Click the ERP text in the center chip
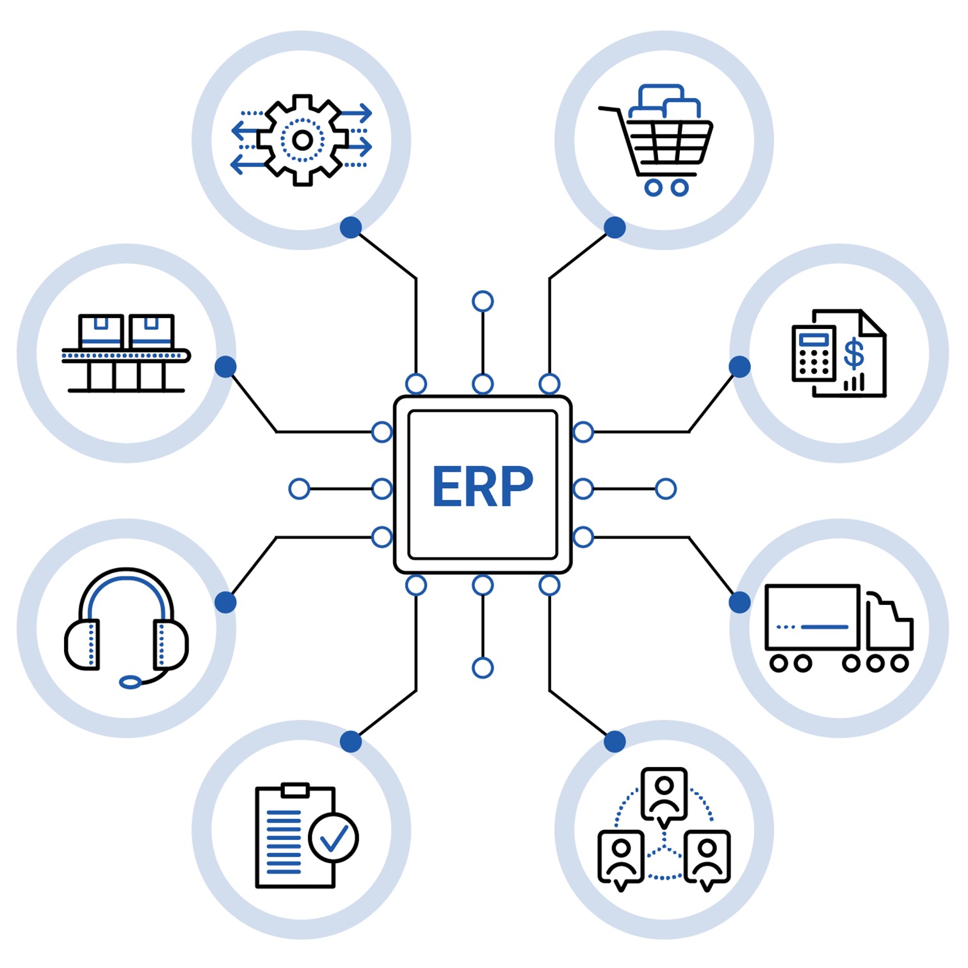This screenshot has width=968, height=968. pos(483,487)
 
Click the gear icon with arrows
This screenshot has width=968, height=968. pos(302,140)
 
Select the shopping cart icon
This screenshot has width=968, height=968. pos(659,141)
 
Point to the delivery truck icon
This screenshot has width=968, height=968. pos(839,627)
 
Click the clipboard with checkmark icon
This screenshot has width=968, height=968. pos(301,835)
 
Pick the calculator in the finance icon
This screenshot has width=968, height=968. pos(814,353)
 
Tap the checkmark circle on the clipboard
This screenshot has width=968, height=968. pos(333,837)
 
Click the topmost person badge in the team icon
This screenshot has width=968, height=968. pos(665,794)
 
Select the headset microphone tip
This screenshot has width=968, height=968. pos(131,682)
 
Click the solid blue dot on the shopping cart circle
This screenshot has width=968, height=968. pos(615,227)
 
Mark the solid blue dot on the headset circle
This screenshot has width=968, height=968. pos(225,602)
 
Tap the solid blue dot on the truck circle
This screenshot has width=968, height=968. pos(739,602)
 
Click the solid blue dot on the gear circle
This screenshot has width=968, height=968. pos(351,227)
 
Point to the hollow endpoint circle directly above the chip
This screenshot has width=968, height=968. pos(483,301)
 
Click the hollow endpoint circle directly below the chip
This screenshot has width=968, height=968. pos(483,668)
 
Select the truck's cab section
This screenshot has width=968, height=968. pos(889,624)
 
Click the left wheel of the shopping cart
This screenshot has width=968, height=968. pos(653,188)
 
